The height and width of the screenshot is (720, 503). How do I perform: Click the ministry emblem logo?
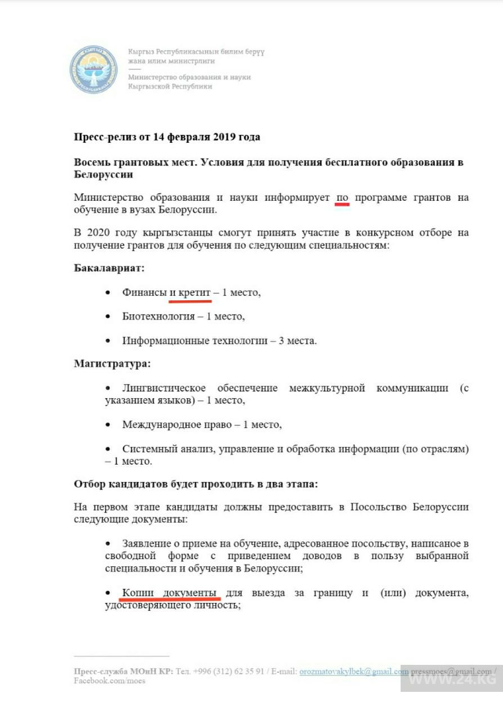[93, 69]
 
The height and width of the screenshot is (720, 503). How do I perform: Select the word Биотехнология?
[158, 316]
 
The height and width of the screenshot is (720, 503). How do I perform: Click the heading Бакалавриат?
[109, 268]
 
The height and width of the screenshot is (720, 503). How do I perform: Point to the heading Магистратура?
[113, 363]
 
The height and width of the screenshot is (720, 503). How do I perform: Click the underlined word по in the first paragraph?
[342, 197]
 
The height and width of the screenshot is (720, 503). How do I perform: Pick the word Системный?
[146, 449]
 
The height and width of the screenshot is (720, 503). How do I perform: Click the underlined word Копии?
[137, 593]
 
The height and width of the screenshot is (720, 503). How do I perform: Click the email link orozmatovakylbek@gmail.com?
[354, 672]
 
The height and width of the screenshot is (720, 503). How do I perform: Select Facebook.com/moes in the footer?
[109, 681]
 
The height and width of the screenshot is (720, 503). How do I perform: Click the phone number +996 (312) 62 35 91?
[228, 672]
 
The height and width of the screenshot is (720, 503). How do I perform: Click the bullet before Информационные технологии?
[109, 341]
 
